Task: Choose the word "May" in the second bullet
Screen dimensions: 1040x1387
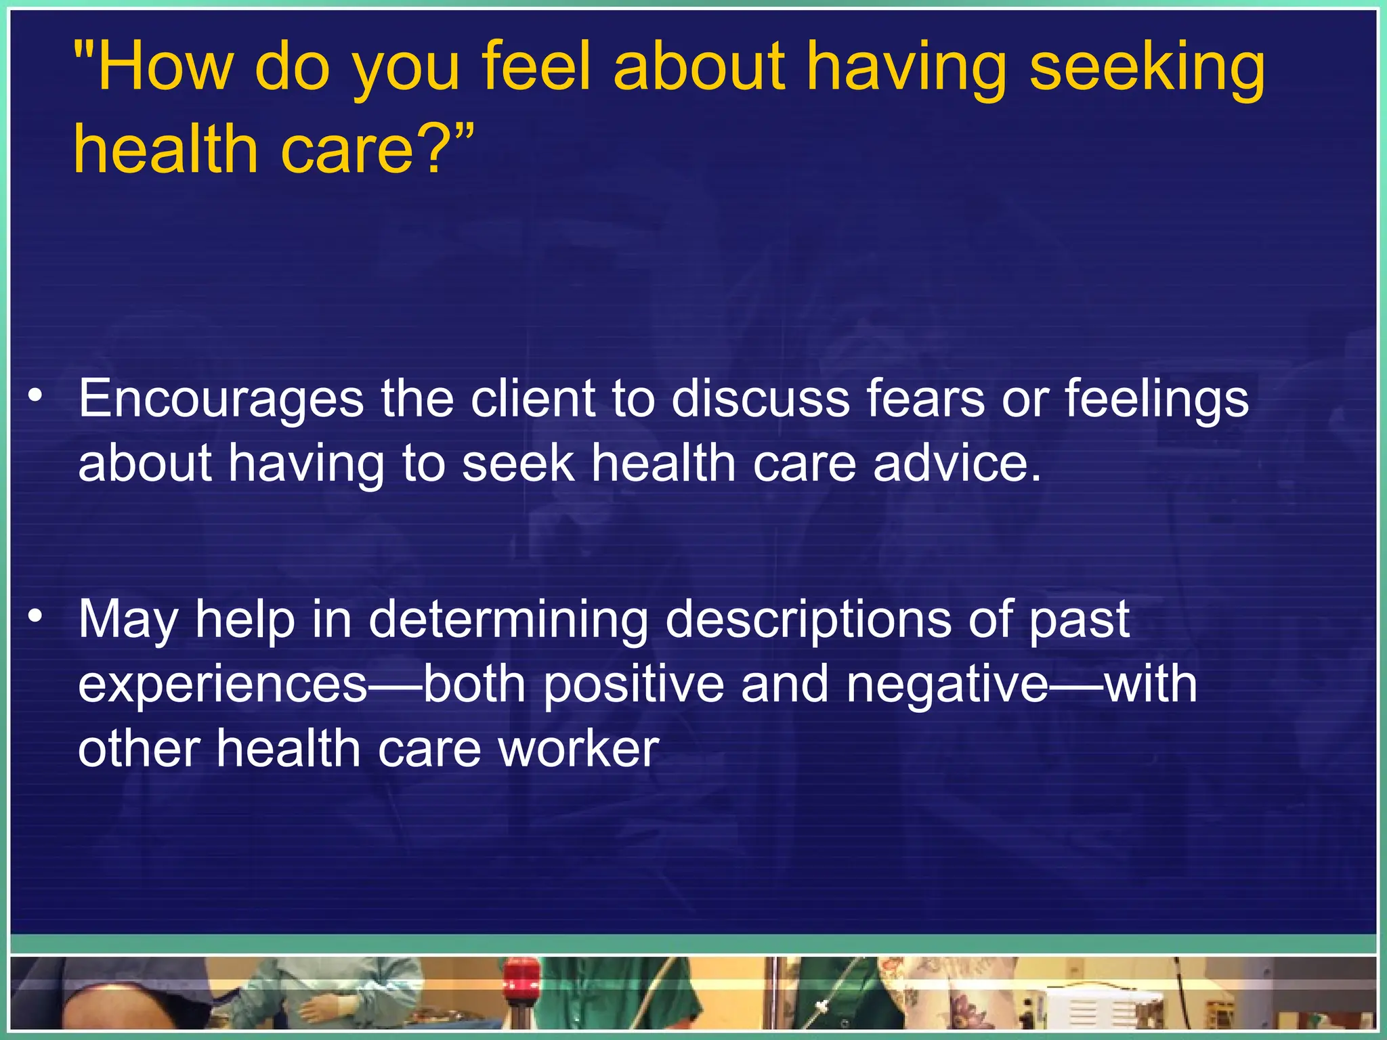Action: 128,620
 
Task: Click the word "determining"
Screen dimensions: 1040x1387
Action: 508,620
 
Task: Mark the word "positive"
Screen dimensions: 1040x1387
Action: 633,684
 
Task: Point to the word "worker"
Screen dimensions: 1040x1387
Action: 578,749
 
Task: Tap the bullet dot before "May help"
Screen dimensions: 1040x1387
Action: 36,615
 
